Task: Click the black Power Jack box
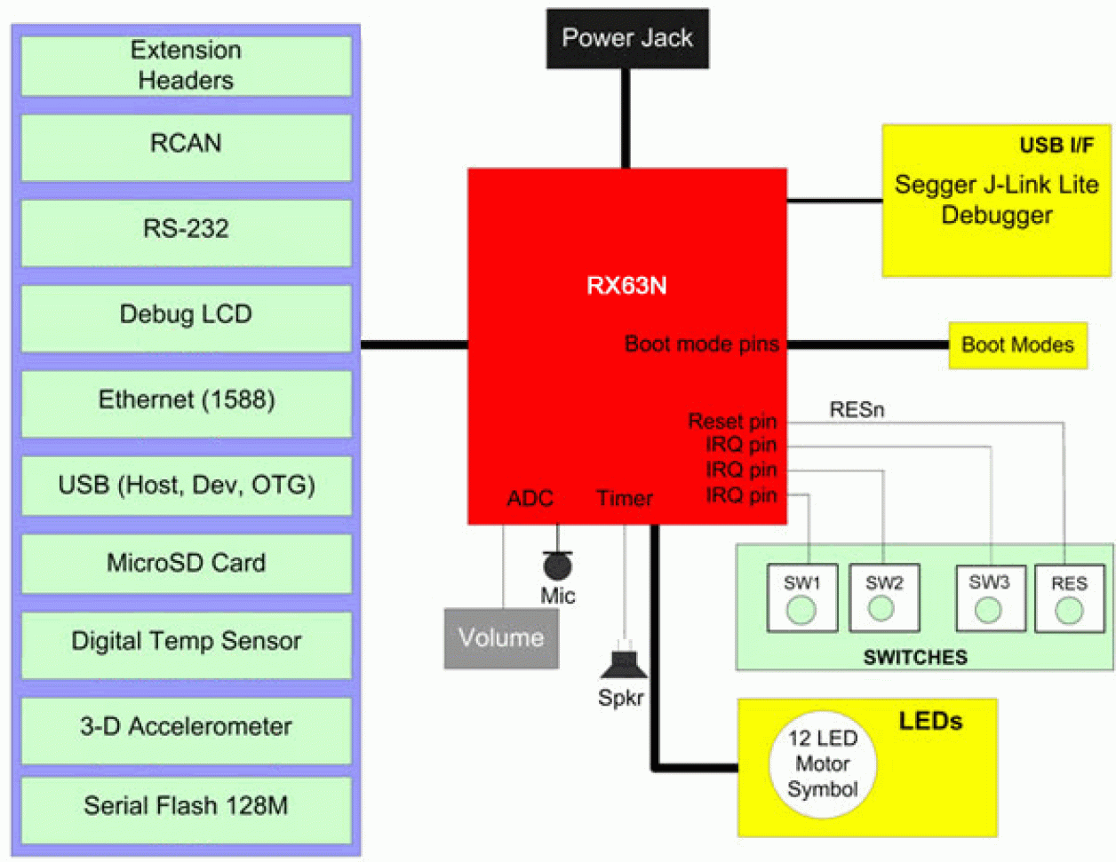click(627, 38)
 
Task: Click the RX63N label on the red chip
click(626, 286)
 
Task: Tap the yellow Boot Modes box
click(1017, 345)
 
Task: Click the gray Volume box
click(501, 638)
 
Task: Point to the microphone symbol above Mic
click(557, 565)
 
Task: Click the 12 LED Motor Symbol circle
click(822, 764)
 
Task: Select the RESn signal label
click(857, 410)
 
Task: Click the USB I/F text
click(1056, 146)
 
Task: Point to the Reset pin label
click(732, 422)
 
